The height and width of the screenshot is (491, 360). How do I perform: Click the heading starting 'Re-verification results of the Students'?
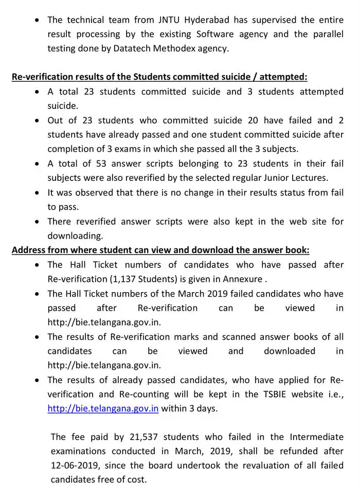click(159, 77)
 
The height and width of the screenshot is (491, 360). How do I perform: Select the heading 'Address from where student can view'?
click(160, 250)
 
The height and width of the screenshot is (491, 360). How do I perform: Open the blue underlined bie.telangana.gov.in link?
click(103, 409)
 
